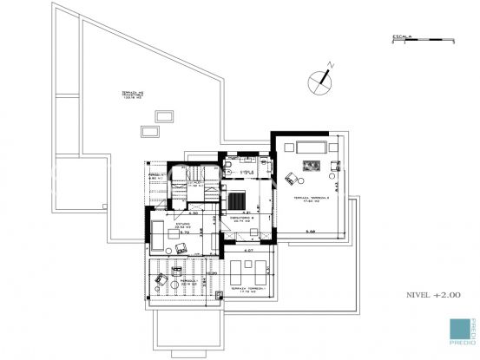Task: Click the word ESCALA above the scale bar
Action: tap(401, 36)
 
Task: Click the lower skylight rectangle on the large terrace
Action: tap(150, 131)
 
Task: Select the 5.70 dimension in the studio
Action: tap(184, 232)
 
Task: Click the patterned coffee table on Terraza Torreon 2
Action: tap(310, 165)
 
